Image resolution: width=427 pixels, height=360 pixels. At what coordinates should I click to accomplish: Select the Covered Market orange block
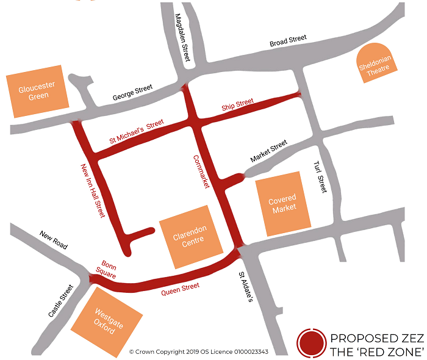click(x=282, y=203)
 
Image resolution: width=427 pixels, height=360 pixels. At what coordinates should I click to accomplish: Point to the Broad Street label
click(x=289, y=42)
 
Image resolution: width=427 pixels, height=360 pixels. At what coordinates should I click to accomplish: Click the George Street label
click(x=132, y=93)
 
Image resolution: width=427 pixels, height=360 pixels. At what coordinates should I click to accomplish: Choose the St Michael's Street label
click(x=137, y=132)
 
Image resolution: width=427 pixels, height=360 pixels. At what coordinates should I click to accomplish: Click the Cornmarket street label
click(x=201, y=171)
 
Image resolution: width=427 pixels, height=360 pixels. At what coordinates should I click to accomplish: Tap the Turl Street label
click(x=319, y=177)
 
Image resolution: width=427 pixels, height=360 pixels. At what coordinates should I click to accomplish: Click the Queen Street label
click(x=181, y=289)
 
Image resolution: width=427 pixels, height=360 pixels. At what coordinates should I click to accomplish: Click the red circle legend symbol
click(x=310, y=342)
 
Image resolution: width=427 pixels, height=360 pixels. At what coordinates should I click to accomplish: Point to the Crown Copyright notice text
click(x=199, y=351)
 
